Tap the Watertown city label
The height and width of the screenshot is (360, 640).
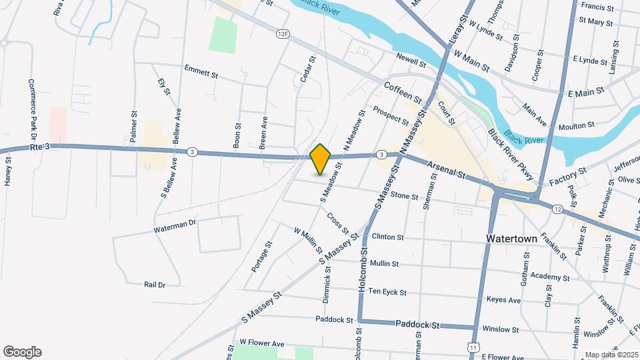click(512, 238)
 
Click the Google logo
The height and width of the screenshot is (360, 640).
click(22, 352)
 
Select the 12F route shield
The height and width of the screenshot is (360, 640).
click(283, 33)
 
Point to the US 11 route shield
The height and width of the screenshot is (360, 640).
click(473, 347)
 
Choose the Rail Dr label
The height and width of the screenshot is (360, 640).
click(154, 284)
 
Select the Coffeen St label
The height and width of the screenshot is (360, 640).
click(403, 93)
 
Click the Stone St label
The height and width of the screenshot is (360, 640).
click(404, 197)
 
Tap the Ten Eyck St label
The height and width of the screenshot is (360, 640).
click(387, 291)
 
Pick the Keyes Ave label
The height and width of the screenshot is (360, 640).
click(504, 301)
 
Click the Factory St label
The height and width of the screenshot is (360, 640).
click(568, 177)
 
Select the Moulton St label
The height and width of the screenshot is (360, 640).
click(558, 125)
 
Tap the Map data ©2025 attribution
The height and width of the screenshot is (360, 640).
click(611, 355)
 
